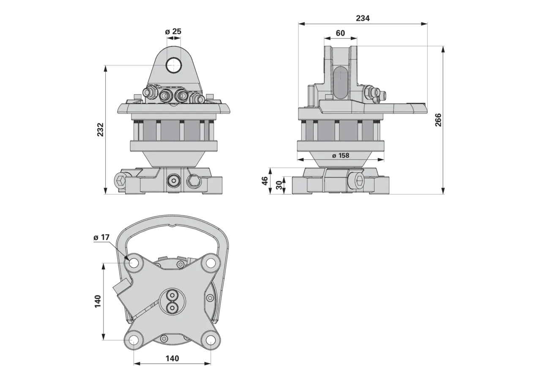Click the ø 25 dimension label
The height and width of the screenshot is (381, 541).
coord(173,31)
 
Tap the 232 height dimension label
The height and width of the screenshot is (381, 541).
coord(100,130)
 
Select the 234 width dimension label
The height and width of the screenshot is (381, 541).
coord(363,18)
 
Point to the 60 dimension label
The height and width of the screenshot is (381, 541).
coord(340,33)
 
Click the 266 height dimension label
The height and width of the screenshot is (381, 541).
coord(438,120)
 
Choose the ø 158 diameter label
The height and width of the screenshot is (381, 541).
coord(341,155)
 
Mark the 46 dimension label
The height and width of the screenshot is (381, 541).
coord(265,181)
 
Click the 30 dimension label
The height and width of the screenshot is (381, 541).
coord(279,185)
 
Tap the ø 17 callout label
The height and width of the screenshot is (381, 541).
coord(101,237)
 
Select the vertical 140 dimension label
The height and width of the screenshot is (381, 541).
coord(98,301)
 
